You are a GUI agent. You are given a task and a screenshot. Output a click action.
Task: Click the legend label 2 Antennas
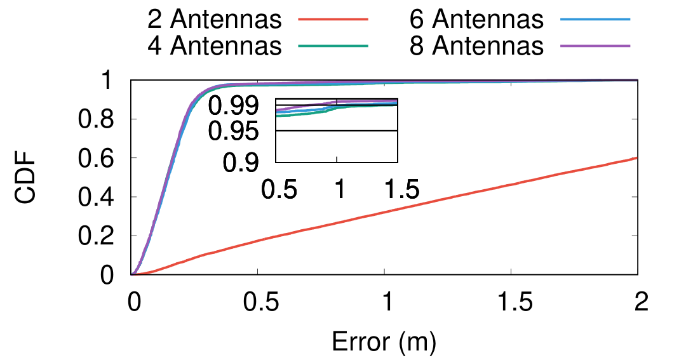pyautogui.click(x=214, y=20)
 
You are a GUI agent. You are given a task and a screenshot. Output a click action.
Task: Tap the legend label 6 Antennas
pyautogui.click(x=477, y=20)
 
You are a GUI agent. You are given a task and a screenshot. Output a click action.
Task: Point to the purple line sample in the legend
pyautogui.click(x=595, y=46)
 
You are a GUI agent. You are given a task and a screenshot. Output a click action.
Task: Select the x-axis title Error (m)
pyautogui.click(x=384, y=343)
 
